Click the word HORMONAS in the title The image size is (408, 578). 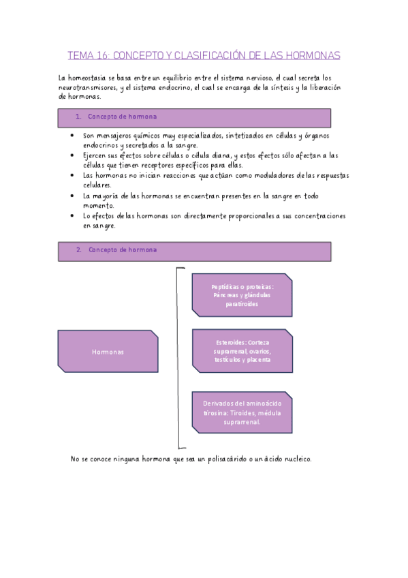(310, 55)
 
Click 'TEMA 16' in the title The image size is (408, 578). (86, 55)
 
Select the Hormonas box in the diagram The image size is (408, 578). (108, 352)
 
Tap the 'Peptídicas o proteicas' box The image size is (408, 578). (242, 295)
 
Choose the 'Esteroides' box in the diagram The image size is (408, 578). (242, 351)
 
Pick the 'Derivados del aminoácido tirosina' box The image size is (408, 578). (242, 412)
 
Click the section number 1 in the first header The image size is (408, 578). (78, 117)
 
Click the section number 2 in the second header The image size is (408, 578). (78, 250)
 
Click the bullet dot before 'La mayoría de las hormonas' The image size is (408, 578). (72, 196)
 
